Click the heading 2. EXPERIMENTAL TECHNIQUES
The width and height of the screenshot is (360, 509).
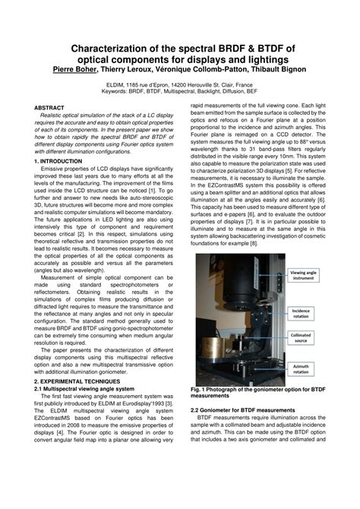79,381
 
